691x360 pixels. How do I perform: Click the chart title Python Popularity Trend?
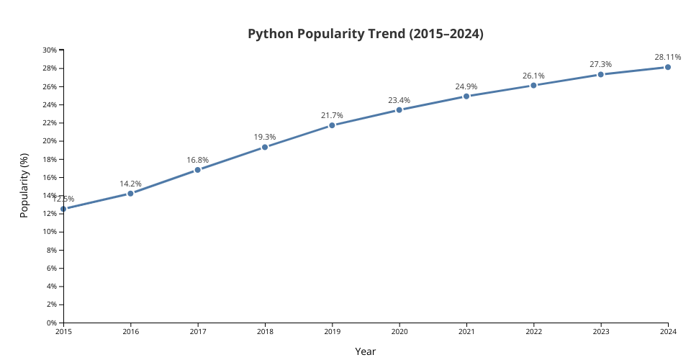click(x=365, y=34)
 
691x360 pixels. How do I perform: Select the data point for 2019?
click(x=332, y=125)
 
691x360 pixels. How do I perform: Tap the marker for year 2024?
click(x=668, y=67)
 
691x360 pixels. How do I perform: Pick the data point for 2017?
click(x=197, y=170)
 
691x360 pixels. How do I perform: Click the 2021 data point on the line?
click(x=466, y=96)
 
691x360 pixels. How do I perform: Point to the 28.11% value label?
click(x=667, y=57)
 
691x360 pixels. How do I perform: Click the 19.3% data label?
click(x=264, y=137)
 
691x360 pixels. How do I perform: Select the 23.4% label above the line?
click(x=399, y=100)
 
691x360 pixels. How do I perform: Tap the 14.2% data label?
click(x=130, y=184)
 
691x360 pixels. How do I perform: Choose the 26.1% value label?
click(x=533, y=76)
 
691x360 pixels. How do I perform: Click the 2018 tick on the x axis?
click(x=265, y=331)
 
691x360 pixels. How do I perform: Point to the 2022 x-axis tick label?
click(x=533, y=331)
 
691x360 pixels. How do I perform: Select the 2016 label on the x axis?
click(x=130, y=331)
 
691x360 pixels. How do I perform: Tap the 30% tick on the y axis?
click(x=50, y=50)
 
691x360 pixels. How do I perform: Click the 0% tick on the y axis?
click(x=52, y=323)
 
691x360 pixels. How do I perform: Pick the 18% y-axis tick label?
click(x=50, y=159)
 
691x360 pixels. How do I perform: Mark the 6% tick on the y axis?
click(x=52, y=268)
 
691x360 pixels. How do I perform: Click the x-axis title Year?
click(x=365, y=351)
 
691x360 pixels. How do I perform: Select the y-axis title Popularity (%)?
click(x=24, y=186)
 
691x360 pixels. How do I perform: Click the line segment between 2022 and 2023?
click(x=567, y=79)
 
